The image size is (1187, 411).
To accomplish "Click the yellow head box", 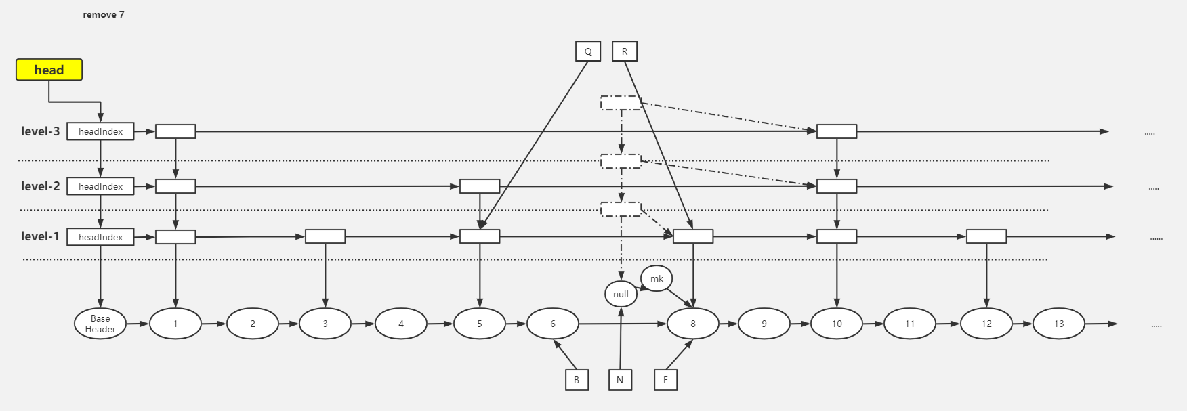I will [x=49, y=70].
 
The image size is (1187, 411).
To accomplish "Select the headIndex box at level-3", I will [x=100, y=131].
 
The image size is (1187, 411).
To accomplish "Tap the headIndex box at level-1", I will [x=100, y=237].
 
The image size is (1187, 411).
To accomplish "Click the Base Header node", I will [x=100, y=324].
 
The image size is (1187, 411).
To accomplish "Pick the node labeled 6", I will [x=552, y=324].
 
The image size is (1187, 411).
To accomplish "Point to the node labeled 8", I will [x=692, y=324].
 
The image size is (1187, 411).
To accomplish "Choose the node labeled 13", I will [x=1058, y=324].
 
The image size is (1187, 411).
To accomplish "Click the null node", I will [x=621, y=294].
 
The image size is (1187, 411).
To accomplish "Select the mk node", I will [x=657, y=278].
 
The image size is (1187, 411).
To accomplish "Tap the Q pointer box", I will [x=588, y=51].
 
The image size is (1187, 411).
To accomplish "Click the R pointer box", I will [x=625, y=51].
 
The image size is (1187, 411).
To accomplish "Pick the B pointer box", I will [x=577, y=380].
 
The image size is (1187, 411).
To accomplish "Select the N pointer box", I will [x=620, y=380].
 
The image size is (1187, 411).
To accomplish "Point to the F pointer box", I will [x=665, y=380].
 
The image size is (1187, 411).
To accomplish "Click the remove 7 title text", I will [x=104, y=14].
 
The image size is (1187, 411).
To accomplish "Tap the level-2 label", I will [x=41, y=186].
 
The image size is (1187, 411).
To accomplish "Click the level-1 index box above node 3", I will [x=325, y=236].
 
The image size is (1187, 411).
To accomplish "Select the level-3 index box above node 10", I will [x=837, y=131].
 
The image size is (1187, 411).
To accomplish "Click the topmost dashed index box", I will [x=621, y=103].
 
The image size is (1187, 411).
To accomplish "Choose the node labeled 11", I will [x=909, y=324].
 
